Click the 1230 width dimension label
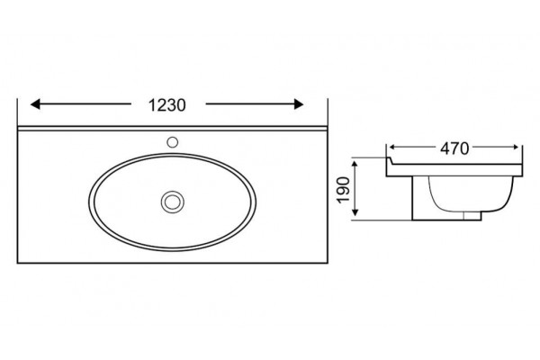tap(167, 105)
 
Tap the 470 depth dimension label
tap(454, 148)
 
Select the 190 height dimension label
tap(344, 190)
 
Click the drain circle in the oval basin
tap(173, 202)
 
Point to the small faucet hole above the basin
tap(172, 142)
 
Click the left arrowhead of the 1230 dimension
tap(35, 104)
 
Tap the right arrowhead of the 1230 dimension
tap(299, 104)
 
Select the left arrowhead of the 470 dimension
tap(391, 147)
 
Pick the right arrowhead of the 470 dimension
tap(516, 148)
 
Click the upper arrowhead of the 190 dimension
tap(356, 163)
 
